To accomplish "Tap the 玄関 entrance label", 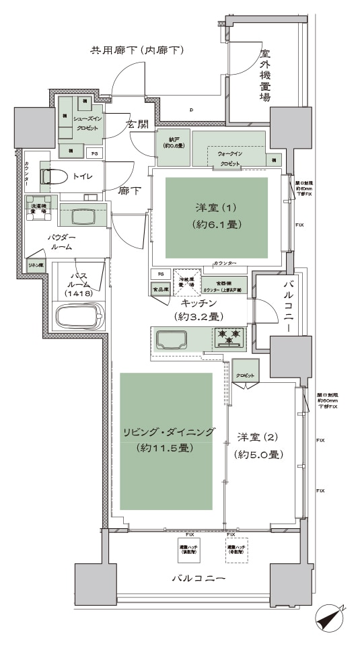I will (x=137, y=124).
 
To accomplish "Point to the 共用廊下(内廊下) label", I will (x=138, y=50).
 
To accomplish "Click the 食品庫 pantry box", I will (x=159, y=289).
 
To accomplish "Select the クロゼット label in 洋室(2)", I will (x=246, y=375).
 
